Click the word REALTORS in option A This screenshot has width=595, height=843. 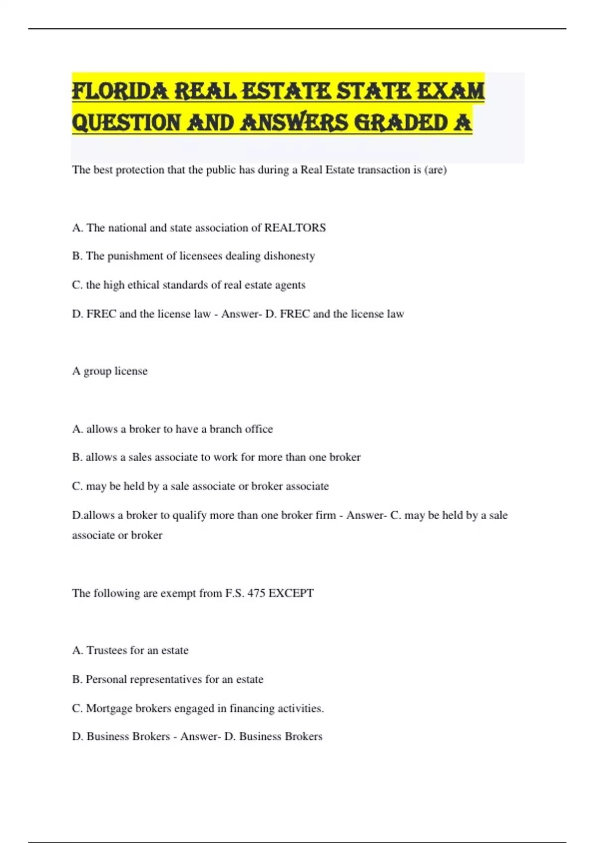click(x=295, y=228)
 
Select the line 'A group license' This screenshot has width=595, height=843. click(x=110, y=371)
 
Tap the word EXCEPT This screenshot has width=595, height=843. click(x=292, y=593)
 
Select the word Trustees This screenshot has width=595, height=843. click(x=107, y=650)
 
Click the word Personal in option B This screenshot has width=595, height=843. click(x=106, y=679)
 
